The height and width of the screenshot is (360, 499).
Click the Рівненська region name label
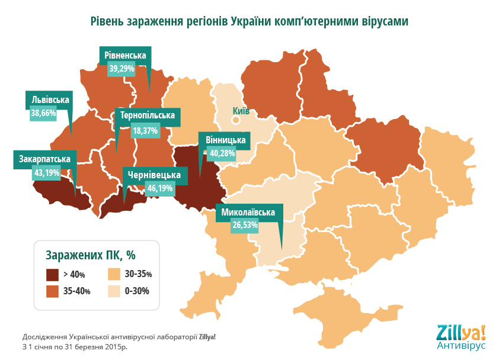tap(125, 56)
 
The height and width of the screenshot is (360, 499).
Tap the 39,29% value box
tap(122, 69)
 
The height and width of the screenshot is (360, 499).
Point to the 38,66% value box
tap(43, 112)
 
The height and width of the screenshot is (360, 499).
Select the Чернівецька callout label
tap(155, 175)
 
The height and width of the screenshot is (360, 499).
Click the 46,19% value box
tap(160, 189)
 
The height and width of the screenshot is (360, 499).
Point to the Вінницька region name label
tap(225, 140)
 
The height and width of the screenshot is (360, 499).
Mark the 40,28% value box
tap(222, 153)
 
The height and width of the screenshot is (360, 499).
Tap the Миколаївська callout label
tap(248, 212)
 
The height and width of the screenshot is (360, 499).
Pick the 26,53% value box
tap(245, 226)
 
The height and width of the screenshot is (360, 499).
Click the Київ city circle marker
tap(235, 120)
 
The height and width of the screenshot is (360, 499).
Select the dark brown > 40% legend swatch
tap(53, 275)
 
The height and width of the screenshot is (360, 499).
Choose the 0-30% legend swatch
tap(113, 291)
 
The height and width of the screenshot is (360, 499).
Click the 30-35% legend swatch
tap(113, 275)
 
